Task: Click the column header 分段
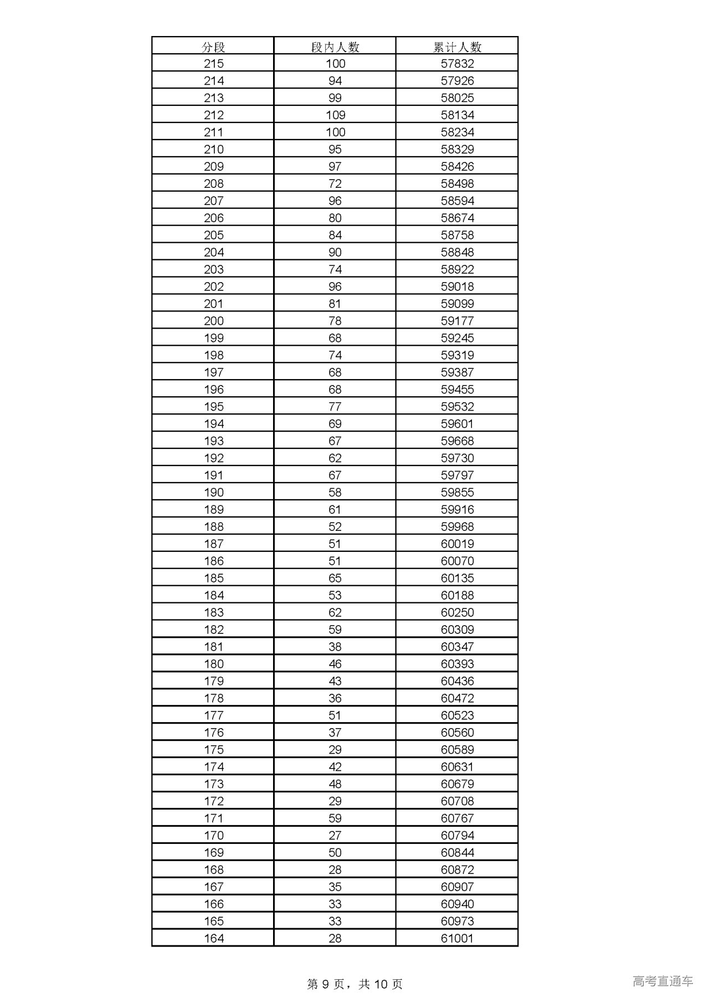pyautogui.click(x=213, y=47)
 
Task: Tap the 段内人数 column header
pyautogui.click(x=335, y=47)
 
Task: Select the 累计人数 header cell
pyautogui.click(x=457, y=47)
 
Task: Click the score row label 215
pyautogui.click(x=213, y=64)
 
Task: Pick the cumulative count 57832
pyautogui.click(x=457, y=64)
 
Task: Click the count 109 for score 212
pyautogui.click(x=335, y=115)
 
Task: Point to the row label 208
pyautogui.click(x=213, y=184)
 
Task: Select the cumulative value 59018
pyautogui.click(x=457, y=286)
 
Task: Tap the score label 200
pyautogui.click(x=213, y=321)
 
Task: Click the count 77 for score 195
pyautogui.click(x=335, y=407)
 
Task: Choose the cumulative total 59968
pyautogui.click(x=457, y=526)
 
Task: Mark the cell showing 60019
pyautogui.click(x=457, y=544)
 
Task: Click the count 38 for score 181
pyautogui.click(x=335, y=647)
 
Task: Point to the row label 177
pyautogui.click(x=213, y=715)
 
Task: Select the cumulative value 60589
pyautogui.click(x=457, y=750)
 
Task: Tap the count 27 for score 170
pyautogui.click(x=335, y=835)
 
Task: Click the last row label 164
pyautogui.click(x=213, y=938)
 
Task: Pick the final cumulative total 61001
pyautogui.click(x=457, y=938)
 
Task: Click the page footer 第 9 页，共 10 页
pyautogui.click(x=354, y=984)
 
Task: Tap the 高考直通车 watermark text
pyautogui.click(x=662, y=981)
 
